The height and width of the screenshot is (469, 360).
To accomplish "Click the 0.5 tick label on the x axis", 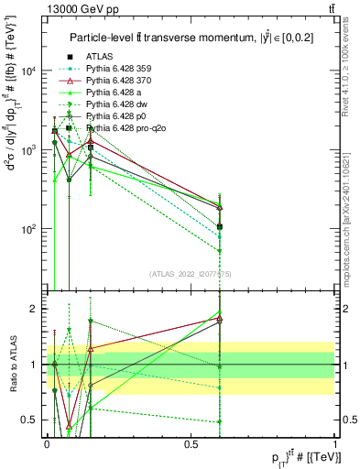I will pyautogui.click(x=191, y=444).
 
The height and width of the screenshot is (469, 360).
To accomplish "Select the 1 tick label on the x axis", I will pyautogui.click(x=335, y=444).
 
